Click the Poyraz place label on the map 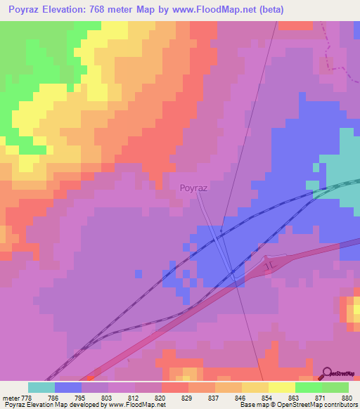click(x=193, y=188)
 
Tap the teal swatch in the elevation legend click(x=41, y=387)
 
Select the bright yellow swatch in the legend click(x=282, y=387)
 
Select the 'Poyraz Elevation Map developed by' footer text click(x=56, y=405)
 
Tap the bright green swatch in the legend click(x=309, y=387)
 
